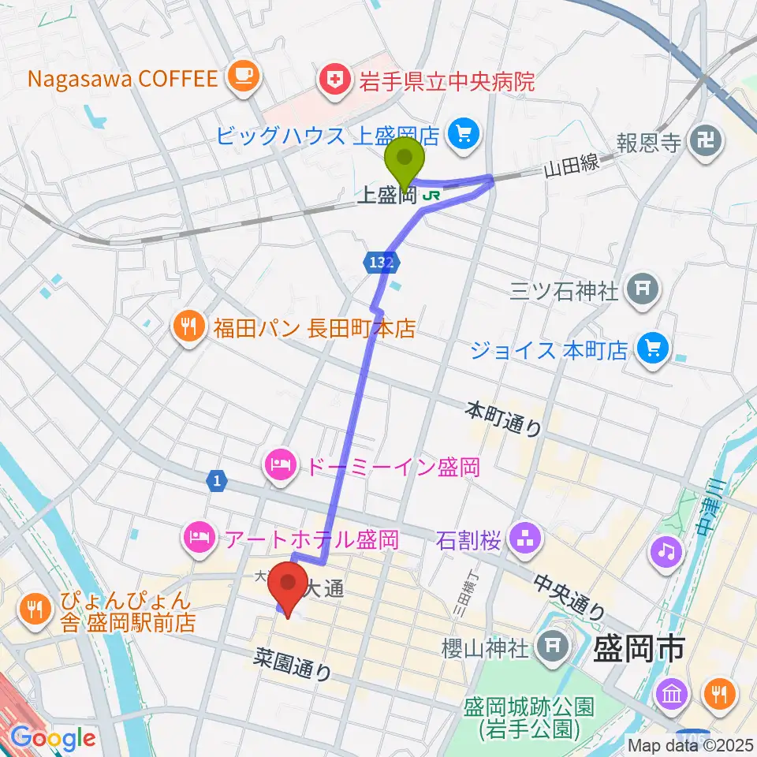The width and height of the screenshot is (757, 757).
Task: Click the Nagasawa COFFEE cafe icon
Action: coord(241,76)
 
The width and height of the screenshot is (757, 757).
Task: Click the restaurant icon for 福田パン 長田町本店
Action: coord(188,327)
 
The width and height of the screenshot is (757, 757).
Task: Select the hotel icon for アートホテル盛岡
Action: coord(197,539)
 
